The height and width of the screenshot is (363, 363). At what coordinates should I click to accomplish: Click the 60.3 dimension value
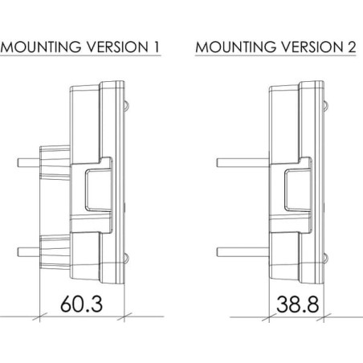pos(81,304)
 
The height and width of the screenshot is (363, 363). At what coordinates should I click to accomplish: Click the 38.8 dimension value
pos(298,304)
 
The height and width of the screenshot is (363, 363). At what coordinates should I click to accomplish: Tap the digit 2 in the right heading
pos(351,47)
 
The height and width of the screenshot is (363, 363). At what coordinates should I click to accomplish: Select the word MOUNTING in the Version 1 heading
pos(41,47)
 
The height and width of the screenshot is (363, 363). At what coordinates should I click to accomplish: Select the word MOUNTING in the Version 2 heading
pos(236,47)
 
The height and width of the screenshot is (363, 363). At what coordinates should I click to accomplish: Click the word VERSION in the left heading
pos(117,47)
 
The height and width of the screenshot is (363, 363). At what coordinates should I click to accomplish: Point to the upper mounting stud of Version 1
pos(29,163)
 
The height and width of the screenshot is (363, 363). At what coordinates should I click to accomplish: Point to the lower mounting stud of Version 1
pos(29,252)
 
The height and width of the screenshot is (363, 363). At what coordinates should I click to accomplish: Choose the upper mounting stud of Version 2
pos(243,163)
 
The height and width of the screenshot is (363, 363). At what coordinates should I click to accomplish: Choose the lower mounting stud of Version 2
pos(243,252)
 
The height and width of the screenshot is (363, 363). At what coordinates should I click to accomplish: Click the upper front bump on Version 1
pos(126,106)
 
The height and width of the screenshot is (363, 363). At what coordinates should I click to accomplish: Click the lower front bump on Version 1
pos(126,259)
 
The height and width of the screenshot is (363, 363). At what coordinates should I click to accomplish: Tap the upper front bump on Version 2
pos(326,106)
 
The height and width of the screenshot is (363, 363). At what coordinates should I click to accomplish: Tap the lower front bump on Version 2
pos(326,259)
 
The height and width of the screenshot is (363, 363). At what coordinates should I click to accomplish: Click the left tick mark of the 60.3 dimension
pos(39,317)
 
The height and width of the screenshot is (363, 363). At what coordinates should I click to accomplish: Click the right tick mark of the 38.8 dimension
pos(324,317)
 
